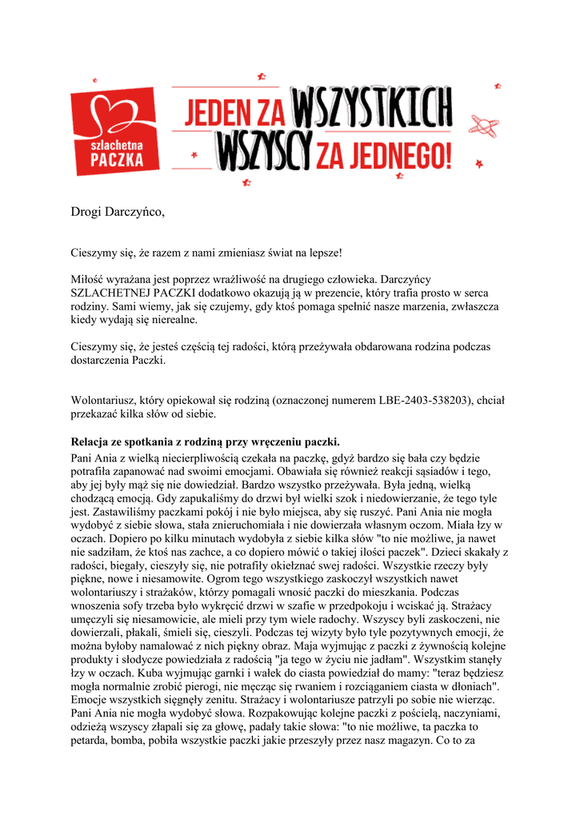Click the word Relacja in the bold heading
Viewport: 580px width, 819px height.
(x=91, y=441)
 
